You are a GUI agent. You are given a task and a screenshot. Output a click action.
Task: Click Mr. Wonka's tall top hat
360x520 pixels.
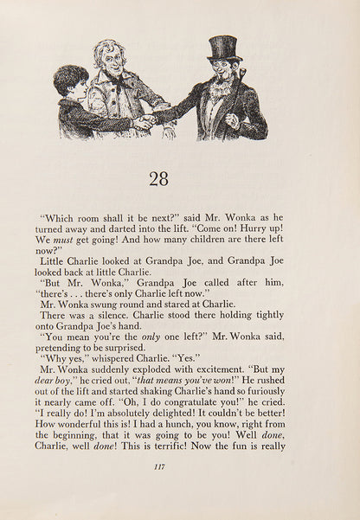coord(224,48)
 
